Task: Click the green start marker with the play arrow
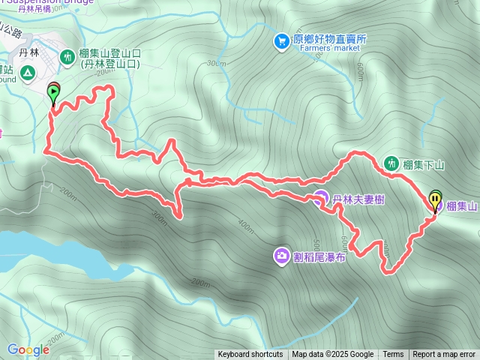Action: point(54,93)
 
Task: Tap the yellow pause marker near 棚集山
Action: point(435,199)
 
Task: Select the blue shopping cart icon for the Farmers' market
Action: point(281,40)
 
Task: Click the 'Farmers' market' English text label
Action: point(329,48)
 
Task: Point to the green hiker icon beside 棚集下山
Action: point(391,163)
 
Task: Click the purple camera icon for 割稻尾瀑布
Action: point(281,256)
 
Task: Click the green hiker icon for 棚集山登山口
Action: point(67,54)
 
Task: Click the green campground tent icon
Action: point(27,73)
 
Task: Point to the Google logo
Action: point(28,349)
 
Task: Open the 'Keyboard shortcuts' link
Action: point(250,355)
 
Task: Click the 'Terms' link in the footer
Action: point(393,355)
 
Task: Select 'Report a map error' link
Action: point(444,355)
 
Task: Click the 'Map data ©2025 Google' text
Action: point(333,355)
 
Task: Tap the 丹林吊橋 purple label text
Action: point(34,9)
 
